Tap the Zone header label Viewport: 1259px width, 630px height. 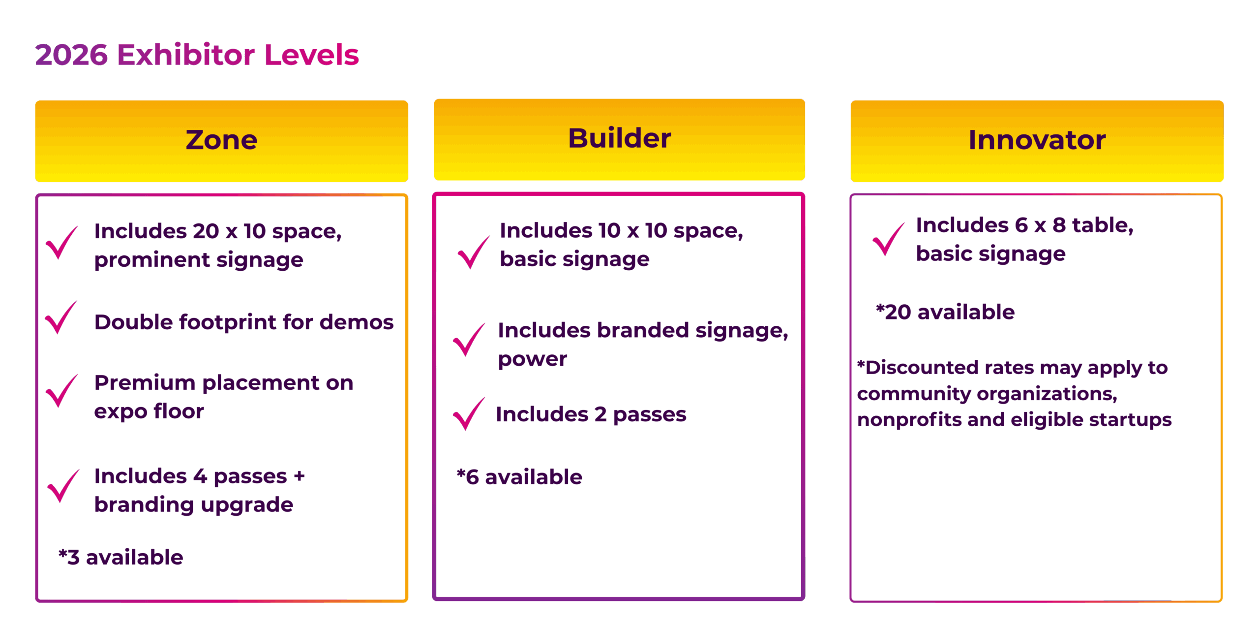[221, 140]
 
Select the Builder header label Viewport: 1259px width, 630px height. [619, 138]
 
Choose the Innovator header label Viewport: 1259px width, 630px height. [1037, 140]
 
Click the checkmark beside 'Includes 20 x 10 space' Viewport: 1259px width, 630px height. [61, 243]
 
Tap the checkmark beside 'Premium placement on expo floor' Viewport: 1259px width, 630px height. [61, 391]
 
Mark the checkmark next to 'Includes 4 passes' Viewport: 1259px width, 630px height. [63, 486]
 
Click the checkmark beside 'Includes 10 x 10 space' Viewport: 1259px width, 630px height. [473, 252]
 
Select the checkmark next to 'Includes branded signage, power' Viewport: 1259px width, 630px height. [469, 340]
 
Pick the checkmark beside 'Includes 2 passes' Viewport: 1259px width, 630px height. [468, 414]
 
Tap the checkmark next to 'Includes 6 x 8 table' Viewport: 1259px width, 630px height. [888, 240]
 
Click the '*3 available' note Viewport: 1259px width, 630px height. [121, 558]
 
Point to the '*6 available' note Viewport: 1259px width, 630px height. [519, 477]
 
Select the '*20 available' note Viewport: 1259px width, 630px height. [945, 313]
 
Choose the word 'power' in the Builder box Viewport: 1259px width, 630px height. [533, 360]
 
